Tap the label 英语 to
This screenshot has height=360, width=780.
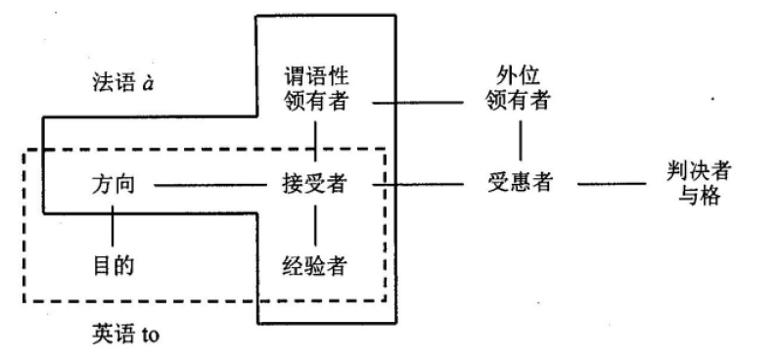123,336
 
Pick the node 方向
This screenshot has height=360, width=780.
112,183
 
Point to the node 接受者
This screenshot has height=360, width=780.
315,183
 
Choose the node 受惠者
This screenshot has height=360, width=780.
519,183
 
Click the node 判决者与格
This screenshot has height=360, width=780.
694,183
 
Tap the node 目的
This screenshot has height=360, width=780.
112,264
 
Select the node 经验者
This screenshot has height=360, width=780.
315,264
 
